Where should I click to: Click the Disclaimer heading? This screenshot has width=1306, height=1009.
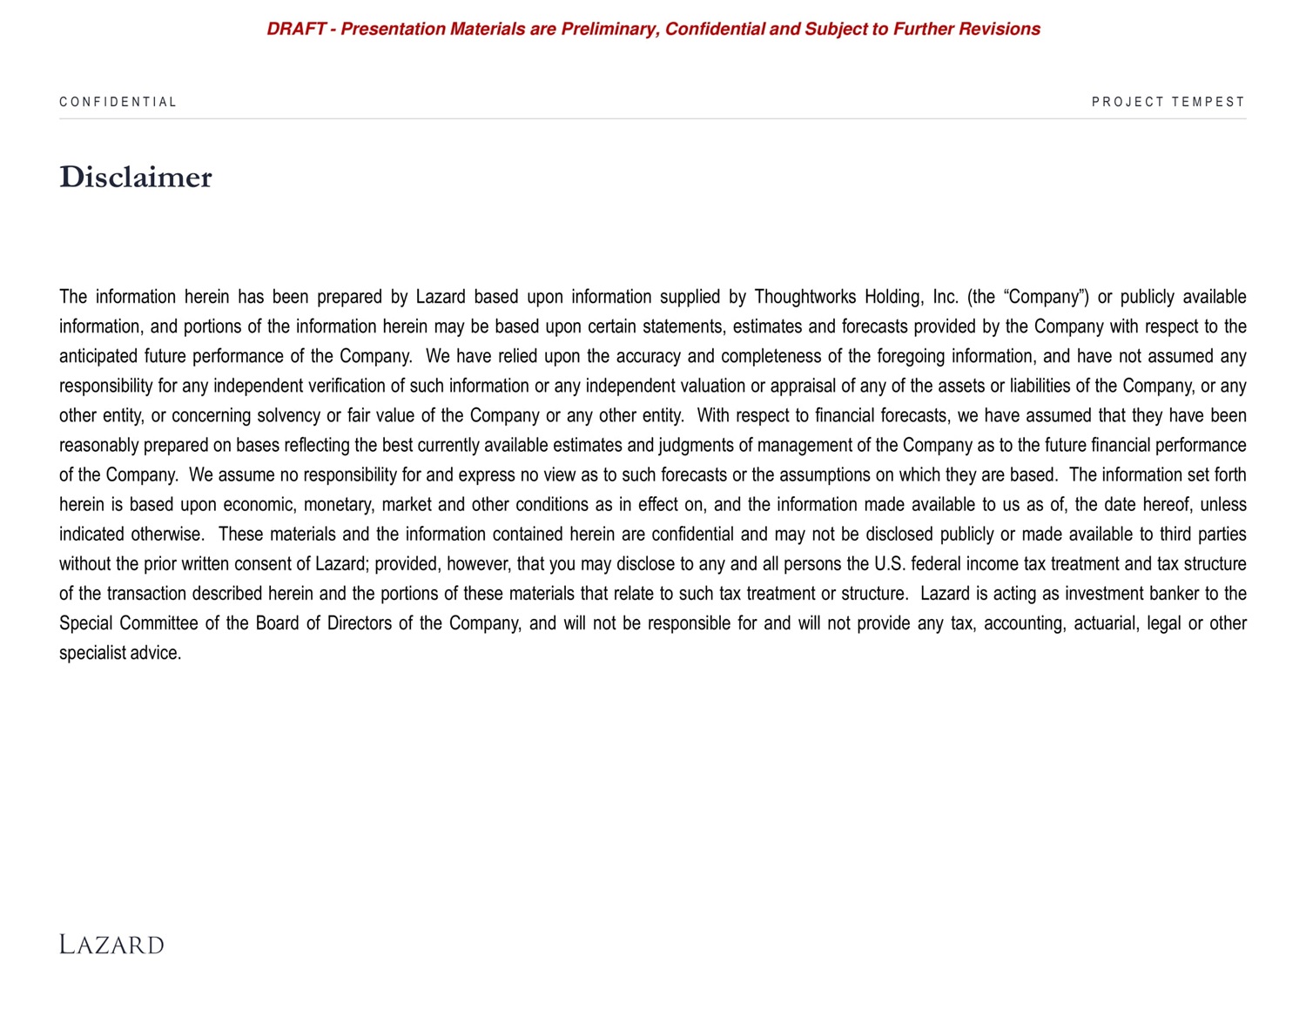pyautogui.click(x=135, y=177)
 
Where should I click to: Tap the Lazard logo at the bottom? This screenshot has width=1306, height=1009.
pyautogui.click(x=111, y=945)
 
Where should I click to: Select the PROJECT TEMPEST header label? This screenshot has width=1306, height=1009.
pyautogui.click(x=1168, y=102)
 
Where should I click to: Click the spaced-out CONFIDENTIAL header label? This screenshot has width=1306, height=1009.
pyautogui.click(x=118, y=102)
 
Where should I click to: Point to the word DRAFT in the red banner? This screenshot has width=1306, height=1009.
pyautogui.click(x=295, y=29)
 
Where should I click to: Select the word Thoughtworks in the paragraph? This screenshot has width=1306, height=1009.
pyautogui.click(x=804, y=297)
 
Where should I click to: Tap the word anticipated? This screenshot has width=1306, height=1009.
pyautogui.click(x=98, y=356)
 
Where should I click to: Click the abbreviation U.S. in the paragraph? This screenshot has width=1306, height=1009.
pyautogui.click(x=889, y=564)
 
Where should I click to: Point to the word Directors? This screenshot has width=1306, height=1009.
pyautogui.click(x=359, y=623)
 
